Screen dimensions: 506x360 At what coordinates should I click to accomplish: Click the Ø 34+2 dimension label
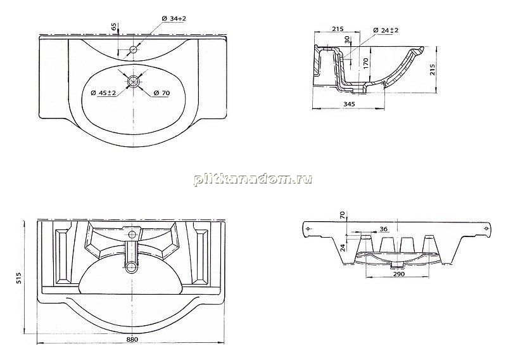click(174, 19)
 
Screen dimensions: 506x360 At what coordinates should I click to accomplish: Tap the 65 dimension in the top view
click(115, 27)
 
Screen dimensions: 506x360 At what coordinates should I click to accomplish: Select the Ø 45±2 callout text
click(103, 93)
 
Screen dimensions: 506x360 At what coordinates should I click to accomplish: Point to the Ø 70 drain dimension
click(161, 93)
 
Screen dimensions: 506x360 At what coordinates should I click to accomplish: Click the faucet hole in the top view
click(133, 49)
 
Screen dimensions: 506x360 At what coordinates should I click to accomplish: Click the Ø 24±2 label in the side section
click(386, 30)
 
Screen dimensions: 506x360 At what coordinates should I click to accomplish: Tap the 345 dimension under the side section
click(349, 104)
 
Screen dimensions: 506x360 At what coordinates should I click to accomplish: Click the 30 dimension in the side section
click(347, 40)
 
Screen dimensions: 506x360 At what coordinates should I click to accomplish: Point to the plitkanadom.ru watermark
click(253, 179)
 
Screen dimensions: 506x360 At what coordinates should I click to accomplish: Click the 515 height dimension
click(19, 278)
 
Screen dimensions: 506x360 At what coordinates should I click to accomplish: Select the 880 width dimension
click(132, 339)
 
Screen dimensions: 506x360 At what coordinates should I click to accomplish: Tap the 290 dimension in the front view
click(399, 274)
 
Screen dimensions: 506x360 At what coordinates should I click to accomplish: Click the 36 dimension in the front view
click(384, 229)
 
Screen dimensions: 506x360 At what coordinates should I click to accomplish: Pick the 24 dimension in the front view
click(343, 248)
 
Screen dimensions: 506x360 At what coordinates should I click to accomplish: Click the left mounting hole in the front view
click(308, 229)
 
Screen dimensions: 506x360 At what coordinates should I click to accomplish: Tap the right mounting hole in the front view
click(486, 229)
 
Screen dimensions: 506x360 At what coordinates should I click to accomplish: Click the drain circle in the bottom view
click(132, 267)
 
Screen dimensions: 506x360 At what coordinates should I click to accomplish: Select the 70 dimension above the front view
click(343, 215)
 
